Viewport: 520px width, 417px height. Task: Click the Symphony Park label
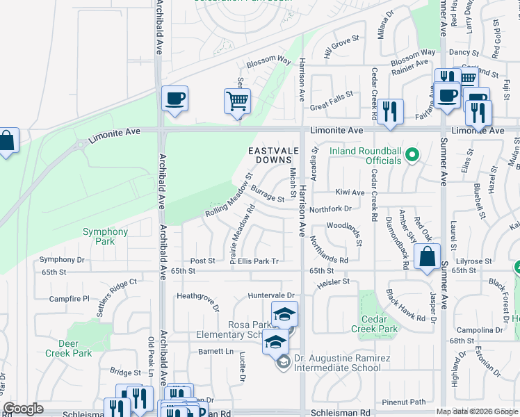pyautogui.click(x=105, y=236)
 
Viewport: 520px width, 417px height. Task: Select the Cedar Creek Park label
pyautogui.click(x=374, y=324)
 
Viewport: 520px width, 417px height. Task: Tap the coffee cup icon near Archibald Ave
pyautogui.click(x=174, y=98)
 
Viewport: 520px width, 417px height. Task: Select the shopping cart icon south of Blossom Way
pyautogui.click(x=237, y=101)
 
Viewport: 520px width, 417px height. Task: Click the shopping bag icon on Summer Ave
pyautogui.click(x=428, y=256)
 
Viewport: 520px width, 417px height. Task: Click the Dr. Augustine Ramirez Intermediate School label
pyautogui.click(x=336, y=363)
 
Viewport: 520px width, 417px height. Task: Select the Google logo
pyautogui.click(x=24, y=409)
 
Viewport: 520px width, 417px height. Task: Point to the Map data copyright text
pyautogui.click(x=476, y=411)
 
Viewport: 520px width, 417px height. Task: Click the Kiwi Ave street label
pyautogui.click(x=350, y=192)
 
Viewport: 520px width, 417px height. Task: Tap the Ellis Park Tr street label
pyautogui.click(x=258, y=261)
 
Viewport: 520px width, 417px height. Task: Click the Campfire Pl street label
pyautogui.click(x=70, y=299)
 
